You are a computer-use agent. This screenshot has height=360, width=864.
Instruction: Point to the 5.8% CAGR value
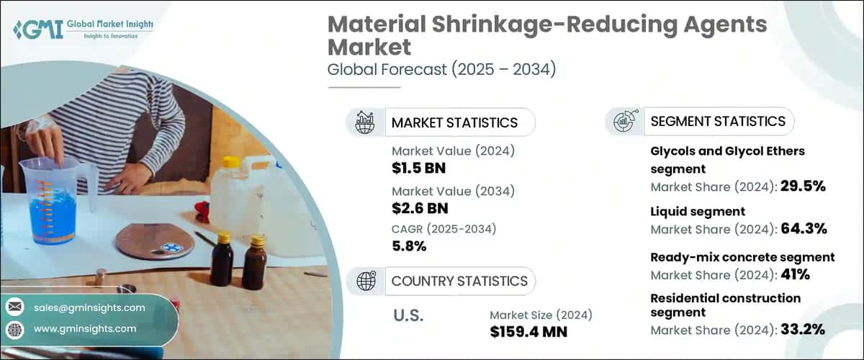[x=409, y=246]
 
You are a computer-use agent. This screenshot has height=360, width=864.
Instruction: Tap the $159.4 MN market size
[x=528, y=332]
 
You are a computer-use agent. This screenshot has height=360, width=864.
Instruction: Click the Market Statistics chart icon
[x=366, y=122]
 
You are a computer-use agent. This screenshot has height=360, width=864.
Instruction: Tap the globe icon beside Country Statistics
[x=366, y=280]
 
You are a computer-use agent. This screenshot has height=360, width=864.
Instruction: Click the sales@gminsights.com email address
[x=89, y=307]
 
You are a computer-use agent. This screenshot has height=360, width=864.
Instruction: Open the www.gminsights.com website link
[x=85, y=328]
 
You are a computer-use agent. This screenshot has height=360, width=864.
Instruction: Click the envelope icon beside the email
[x=14, y=307]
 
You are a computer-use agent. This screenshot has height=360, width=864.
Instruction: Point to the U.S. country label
[x=408, y=315]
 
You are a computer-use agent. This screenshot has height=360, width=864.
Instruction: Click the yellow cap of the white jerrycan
[x=230, y=162]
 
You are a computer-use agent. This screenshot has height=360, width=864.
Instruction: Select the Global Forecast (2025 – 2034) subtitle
[x=441, y=71]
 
